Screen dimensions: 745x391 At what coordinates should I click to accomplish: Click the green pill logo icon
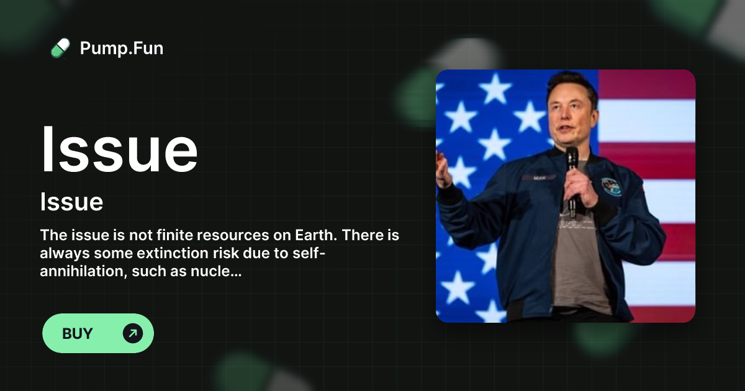pyautogui.click(x=61, y=48)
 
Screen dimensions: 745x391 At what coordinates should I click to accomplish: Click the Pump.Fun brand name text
pyautogui.click(x=122, y=48)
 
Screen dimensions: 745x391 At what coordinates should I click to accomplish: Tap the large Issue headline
pyautogui.click(x=119, y=150)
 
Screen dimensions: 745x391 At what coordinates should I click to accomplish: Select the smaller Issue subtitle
pyautogui.click(x=71, y=202)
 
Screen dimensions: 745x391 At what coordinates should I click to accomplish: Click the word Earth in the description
pyautogui.click(x=316, y=235)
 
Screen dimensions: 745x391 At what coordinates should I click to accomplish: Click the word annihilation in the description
pyautogui.click(x=84, y=271)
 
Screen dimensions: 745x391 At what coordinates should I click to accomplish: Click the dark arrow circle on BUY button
pyautogui.click(x=133, y=333)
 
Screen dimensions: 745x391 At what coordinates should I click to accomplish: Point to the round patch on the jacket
pyautogui.click(x=612, y=187)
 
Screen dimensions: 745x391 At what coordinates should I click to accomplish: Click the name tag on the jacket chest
pyautogui.click(x=539, y=178)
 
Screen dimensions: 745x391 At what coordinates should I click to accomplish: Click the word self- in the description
pyautogui.click(x=309, y=253)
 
